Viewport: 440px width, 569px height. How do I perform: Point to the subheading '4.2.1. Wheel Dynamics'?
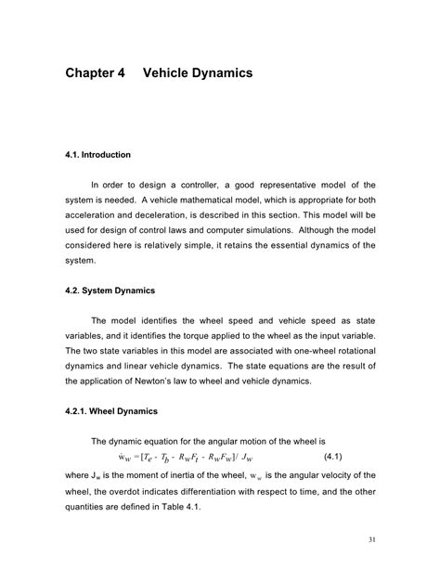(x=111, y=410)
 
